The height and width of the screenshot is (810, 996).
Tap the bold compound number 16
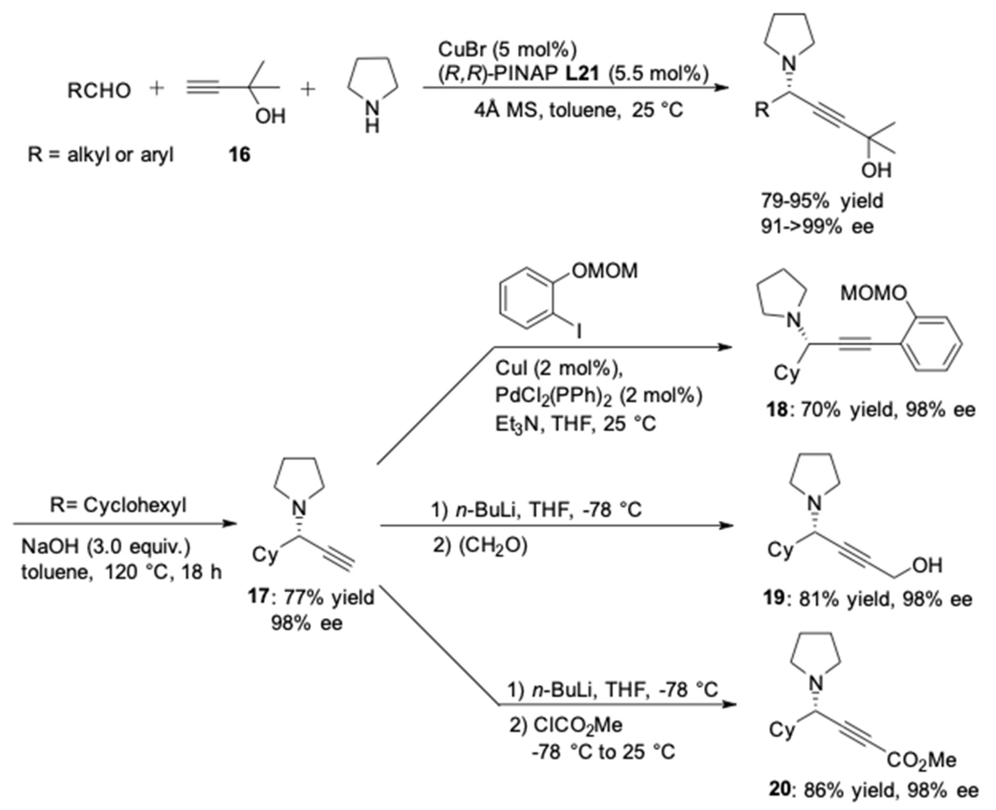(x=239, y=154)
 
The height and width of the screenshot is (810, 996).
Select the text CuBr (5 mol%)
(x=507, y=49)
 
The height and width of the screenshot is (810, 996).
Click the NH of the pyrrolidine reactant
(x=372, y=117)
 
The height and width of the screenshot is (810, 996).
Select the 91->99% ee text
(x=817, y=227)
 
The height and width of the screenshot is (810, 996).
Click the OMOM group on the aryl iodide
(x=604, y=271)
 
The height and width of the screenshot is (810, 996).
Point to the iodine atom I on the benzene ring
(x=579, y=331)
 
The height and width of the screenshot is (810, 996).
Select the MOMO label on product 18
(x=873, y=293)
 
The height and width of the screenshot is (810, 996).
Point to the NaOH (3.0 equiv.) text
(x=106, y=546)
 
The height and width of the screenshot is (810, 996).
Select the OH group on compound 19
(x=927, y=566)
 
